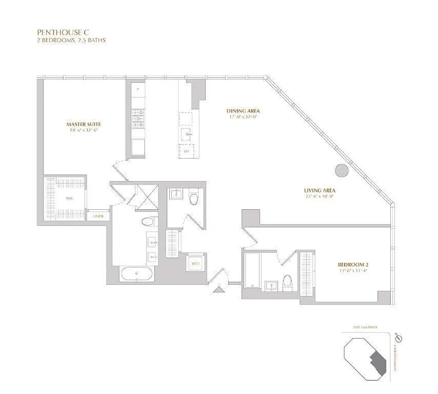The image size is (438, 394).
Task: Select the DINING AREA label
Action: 243,111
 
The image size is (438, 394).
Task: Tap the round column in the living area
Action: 342,170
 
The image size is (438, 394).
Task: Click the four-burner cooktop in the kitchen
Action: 138,118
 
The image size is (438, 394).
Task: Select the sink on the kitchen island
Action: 186,133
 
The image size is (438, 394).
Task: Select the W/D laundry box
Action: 195,264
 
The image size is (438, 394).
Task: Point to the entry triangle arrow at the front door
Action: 217,290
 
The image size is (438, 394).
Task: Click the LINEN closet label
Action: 98,216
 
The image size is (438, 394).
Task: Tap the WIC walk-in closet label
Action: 69,198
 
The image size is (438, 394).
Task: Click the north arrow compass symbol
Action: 399,338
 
